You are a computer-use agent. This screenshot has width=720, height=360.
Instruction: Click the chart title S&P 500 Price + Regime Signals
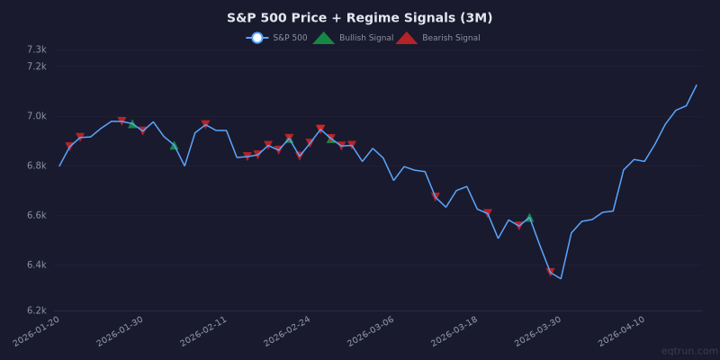coord(360,18)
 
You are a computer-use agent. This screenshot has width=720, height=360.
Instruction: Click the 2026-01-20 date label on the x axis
coord(38,332)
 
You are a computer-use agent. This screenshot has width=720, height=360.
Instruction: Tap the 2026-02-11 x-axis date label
coord(205,332)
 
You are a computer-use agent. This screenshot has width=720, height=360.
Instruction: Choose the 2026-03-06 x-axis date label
coord(372,332)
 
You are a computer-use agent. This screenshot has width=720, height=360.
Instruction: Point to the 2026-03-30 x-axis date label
coord(539,332)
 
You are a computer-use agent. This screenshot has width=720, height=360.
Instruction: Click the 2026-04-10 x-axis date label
coord(623,332)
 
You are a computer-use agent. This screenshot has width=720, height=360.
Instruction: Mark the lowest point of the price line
coord(560,278)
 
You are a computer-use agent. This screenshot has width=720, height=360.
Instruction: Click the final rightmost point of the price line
coord(697,85)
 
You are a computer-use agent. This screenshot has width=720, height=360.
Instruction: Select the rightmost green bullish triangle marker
coord(529,218)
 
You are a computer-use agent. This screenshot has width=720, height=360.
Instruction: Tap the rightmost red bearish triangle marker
coord(550,272)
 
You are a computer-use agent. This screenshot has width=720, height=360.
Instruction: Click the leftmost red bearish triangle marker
coord(69,146)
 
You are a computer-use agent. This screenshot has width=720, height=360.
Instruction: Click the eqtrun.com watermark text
coord(688,351)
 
